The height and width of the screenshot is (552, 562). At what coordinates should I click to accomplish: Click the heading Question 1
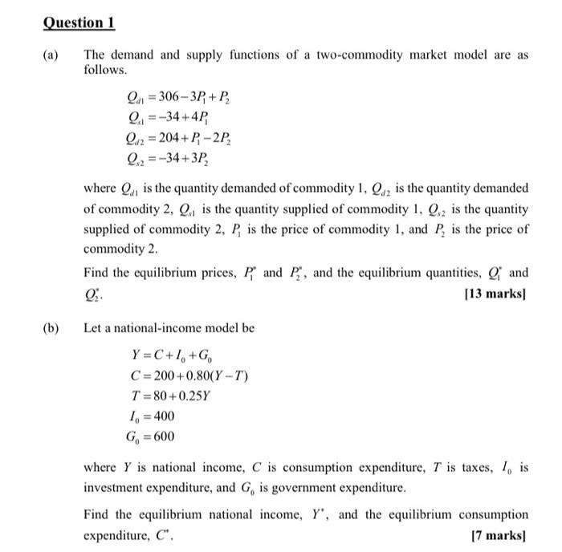[78, 22]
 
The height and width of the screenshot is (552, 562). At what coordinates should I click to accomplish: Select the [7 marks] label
[500, 533]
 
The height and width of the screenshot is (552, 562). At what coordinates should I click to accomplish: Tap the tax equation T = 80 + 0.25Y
[171, 396]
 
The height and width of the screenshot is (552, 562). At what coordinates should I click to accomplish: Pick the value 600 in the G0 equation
[162, 437]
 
